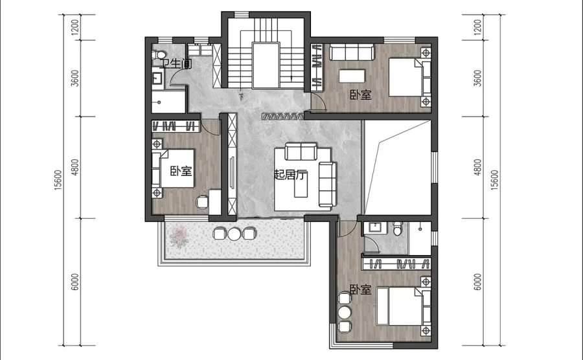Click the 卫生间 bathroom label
[x=177, y=64]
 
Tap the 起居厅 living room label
[x=290, y=175]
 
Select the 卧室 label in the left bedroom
[x=181, y=171]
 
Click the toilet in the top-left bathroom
[x=158, y=54]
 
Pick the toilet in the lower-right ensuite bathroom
[x=398, y=228]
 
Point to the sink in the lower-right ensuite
[x=375, y=227]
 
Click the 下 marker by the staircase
[x=242, y=97]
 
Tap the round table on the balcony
[x=234, y=234]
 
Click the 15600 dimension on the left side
[x=58, y=180]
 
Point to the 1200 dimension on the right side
[x=478, y=27]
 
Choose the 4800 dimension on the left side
[x=76, y=167]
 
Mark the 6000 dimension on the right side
[x=478, y=282]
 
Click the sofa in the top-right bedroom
[x=352, y=52]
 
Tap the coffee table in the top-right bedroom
[x=352, y=76]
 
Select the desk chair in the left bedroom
[x=203, y=202]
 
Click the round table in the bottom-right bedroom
[x=345, y=312]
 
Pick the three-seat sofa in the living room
[x=328, y=185]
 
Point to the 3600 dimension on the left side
[x=76, y=78]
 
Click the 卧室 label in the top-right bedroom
[x=361, y=95]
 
